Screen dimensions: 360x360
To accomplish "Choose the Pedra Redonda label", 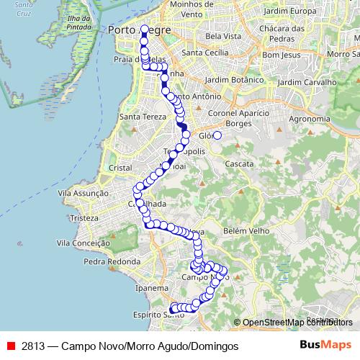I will [110, 261].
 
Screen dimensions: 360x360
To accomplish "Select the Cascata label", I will [239, 164].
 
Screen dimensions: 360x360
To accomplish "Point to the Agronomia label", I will [308, 119].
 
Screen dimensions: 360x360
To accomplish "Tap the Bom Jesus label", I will [280, 55].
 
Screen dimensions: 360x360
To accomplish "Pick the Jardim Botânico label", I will [231, 79].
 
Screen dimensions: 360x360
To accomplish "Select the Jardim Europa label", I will [290, 12].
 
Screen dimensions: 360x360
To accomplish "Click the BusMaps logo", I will [325, 346].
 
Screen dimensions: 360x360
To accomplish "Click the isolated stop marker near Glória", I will [217, 135].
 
